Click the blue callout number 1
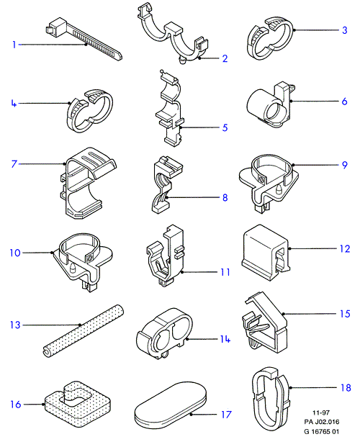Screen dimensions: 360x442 [14, 45]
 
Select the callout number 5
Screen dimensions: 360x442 [225, 127]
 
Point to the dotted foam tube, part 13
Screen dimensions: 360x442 [84, 330]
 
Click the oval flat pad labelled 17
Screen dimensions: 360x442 [171, 405]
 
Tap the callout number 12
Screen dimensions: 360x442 [344, 248]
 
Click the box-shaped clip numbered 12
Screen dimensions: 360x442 [266, 253]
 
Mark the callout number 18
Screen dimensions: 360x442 [346, 388]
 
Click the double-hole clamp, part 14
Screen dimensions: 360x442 [164, 333]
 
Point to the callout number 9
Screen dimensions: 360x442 [344, 165]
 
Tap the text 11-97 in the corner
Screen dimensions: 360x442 [321, 412]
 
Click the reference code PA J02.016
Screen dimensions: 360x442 [321, 422]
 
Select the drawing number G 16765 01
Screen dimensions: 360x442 [321, 431]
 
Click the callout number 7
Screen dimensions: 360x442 [14, 164]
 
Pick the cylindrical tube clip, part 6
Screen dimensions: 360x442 [269, 105]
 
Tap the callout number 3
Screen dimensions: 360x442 [344, 30]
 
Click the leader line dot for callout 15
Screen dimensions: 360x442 [283, 314]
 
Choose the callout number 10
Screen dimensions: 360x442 [15, 253]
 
